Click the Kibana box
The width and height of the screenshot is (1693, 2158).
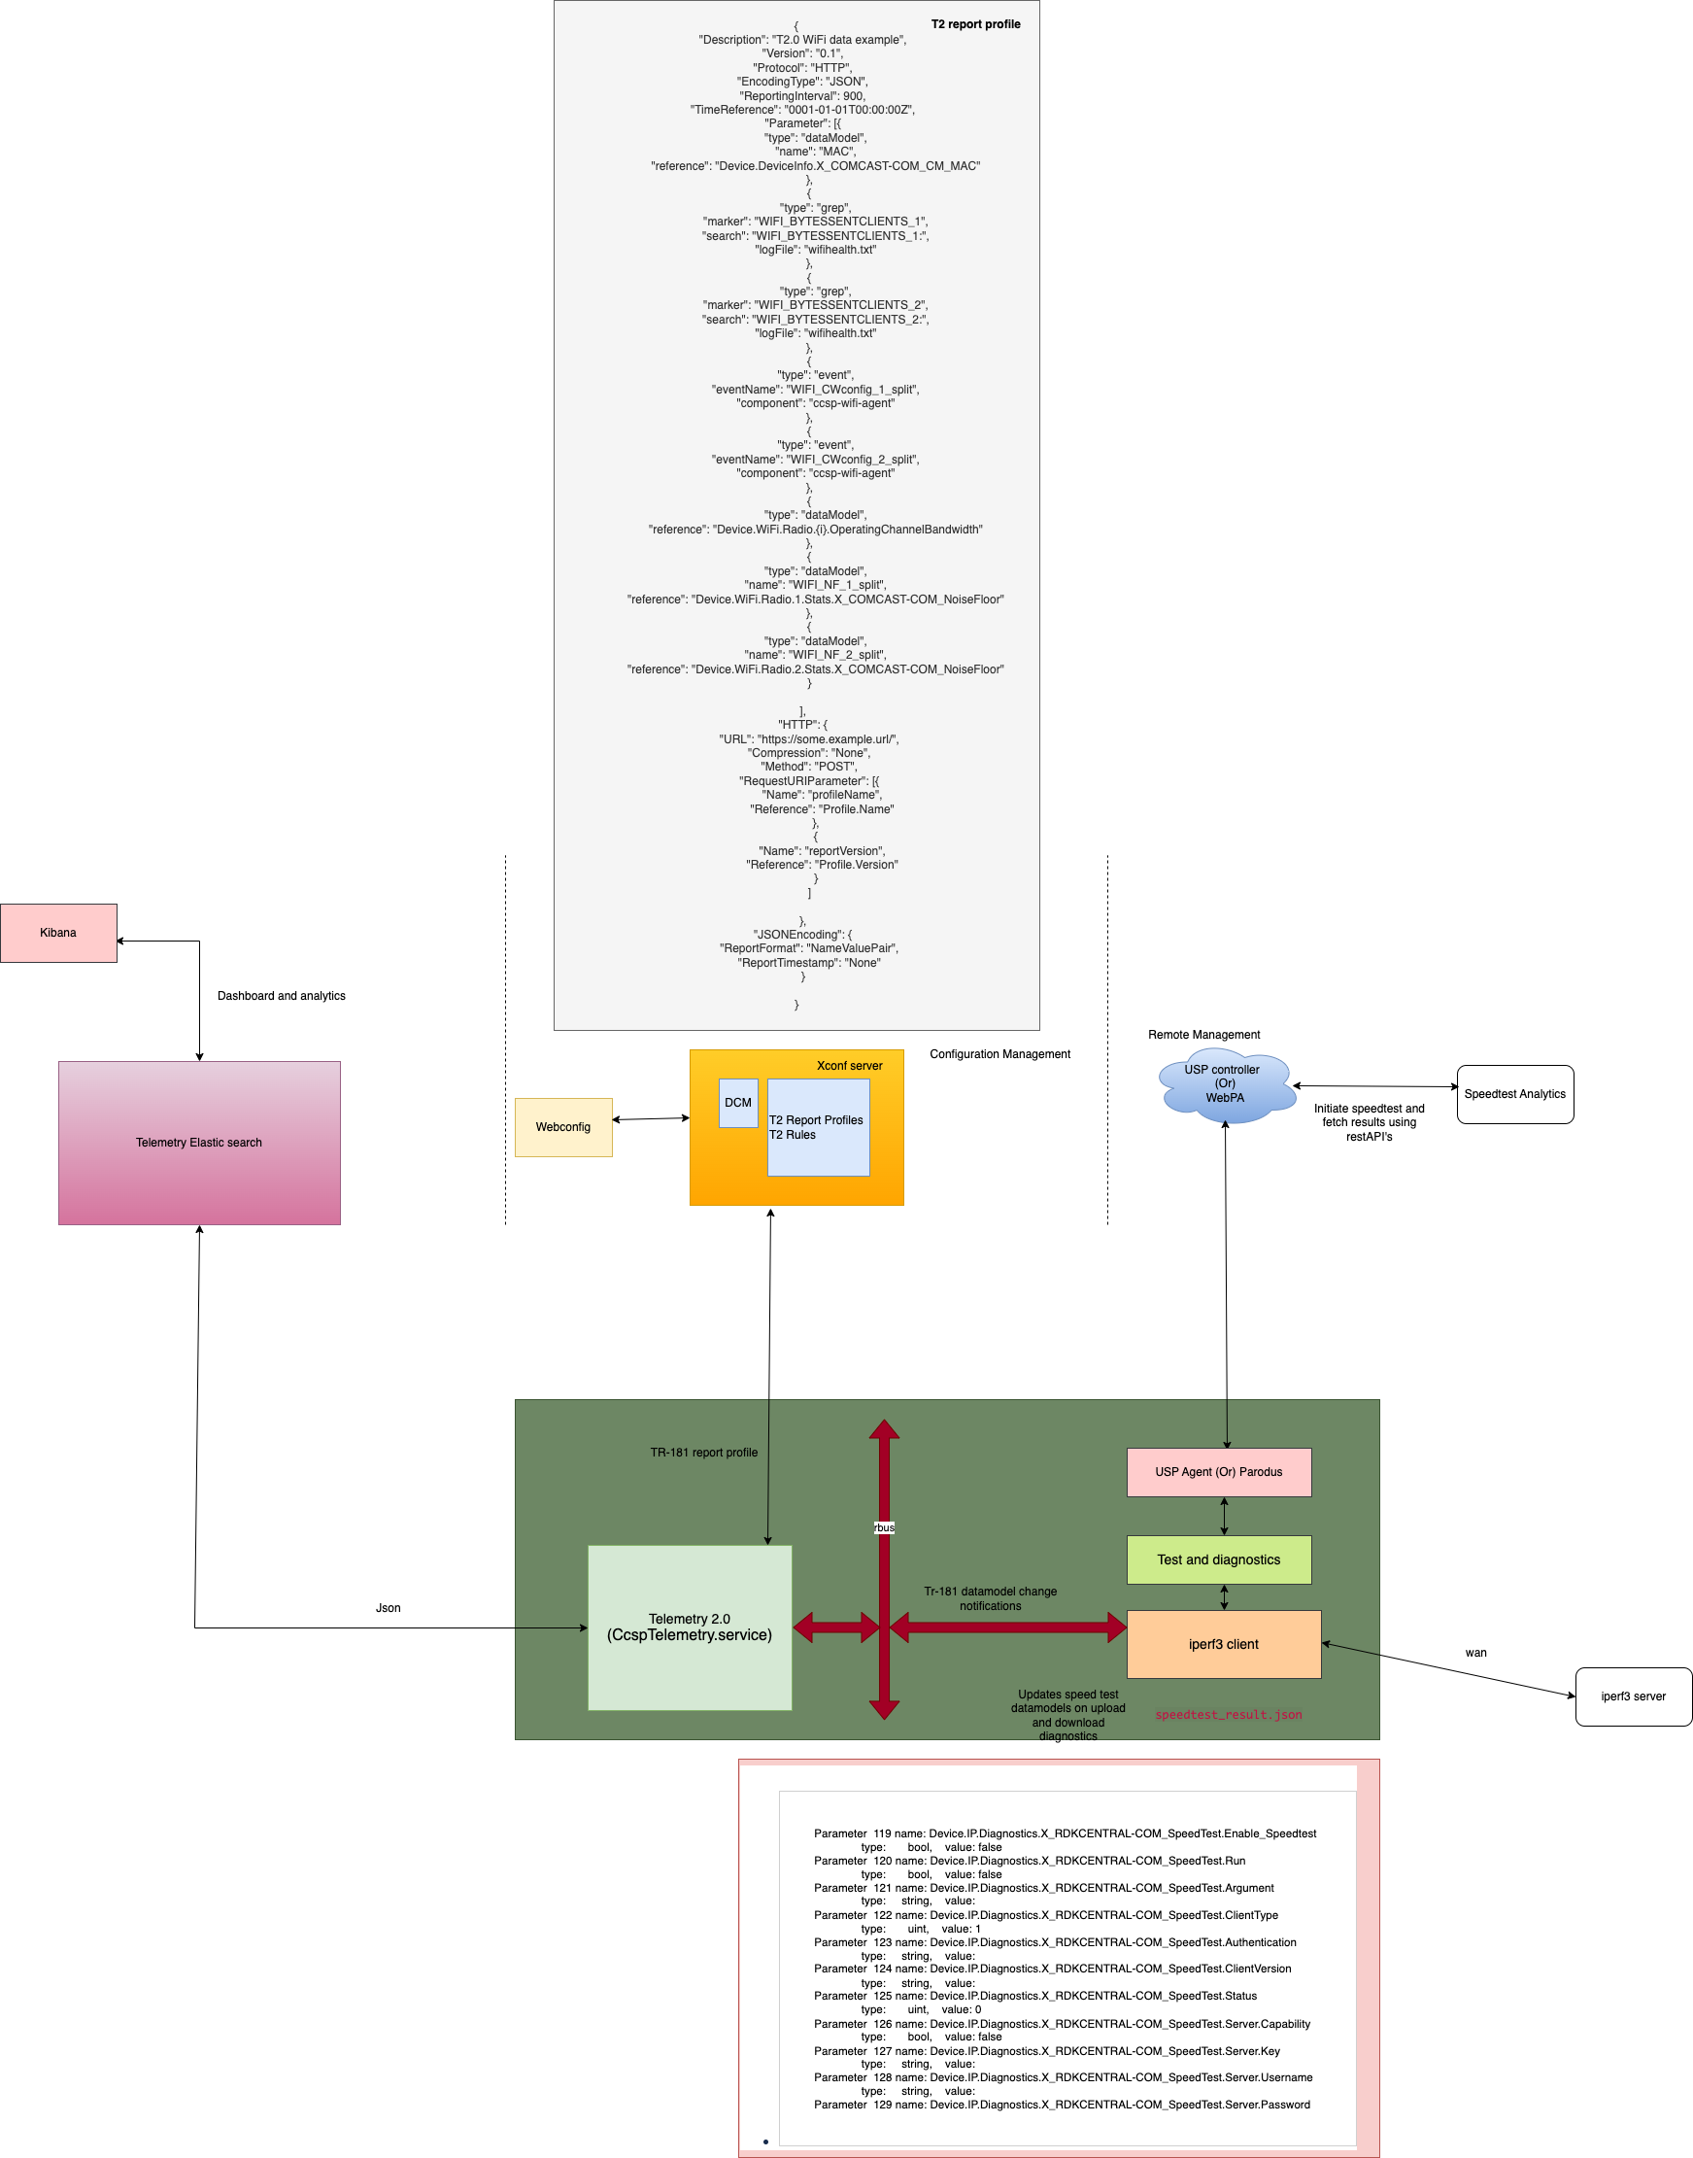58,933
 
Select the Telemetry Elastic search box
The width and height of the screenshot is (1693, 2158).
199,1143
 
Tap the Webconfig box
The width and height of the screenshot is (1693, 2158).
563,1127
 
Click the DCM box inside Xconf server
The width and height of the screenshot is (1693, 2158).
737,1102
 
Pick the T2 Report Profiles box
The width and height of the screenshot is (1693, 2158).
818,1128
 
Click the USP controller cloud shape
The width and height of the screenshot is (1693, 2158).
1225,1085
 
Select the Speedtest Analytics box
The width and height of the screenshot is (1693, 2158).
1514,1094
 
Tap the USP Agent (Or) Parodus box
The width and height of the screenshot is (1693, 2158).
1218,1472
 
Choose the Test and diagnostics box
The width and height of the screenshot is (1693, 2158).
1218,1559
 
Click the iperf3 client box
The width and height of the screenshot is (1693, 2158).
1223,1645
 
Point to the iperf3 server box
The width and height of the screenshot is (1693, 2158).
1633,1696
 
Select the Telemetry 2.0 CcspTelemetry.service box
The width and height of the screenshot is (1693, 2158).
690,1627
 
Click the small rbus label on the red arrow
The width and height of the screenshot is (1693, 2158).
884,1527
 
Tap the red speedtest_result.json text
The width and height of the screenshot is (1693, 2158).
1228,1715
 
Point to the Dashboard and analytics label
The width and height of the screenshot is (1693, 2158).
282,996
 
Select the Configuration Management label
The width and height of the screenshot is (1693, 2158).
999,1053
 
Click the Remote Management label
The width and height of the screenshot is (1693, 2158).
1203,1035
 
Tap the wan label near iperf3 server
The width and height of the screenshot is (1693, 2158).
1474,1653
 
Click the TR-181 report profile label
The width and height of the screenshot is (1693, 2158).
704,1453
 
